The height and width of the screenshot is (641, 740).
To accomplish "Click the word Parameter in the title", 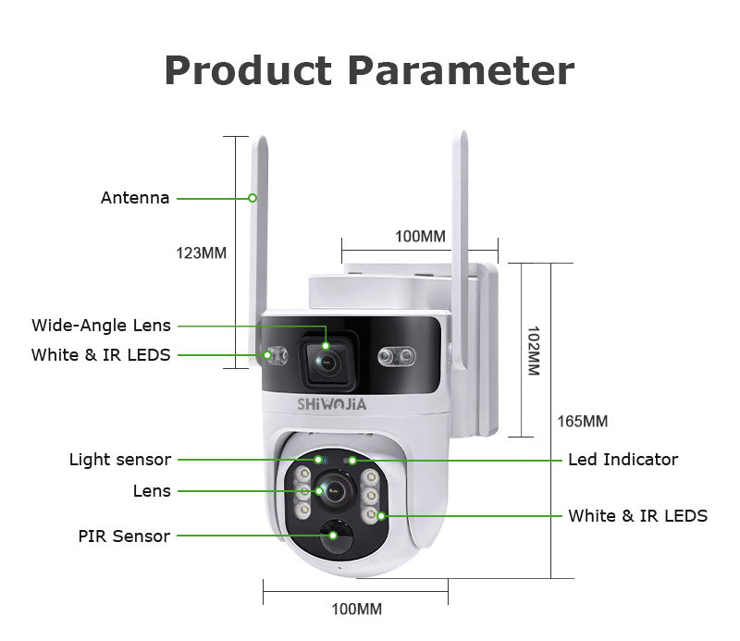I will point(461,71).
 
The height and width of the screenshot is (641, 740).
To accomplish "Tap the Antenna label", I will point(135,198).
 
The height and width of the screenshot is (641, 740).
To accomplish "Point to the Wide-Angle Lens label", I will point(102,325).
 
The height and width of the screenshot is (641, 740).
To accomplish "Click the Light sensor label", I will point(120,460).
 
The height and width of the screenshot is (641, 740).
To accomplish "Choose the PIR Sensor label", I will point(125,536).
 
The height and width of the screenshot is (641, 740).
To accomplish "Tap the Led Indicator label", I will point(623,460).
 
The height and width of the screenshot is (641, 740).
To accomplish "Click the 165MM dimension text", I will point(582,422).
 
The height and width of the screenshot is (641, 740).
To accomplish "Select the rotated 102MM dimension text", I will point(533,350).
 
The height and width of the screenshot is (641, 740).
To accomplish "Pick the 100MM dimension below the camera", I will point(356,609).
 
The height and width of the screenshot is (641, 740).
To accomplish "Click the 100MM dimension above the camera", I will point(420,236).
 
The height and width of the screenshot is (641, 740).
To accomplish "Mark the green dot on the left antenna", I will point(252,198).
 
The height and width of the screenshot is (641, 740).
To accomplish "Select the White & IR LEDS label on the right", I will point(637,515).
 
